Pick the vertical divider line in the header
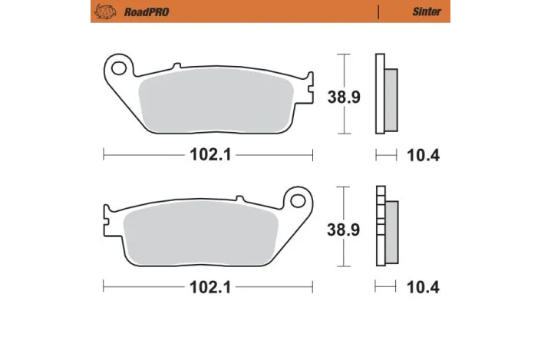(x=379, y=12)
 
